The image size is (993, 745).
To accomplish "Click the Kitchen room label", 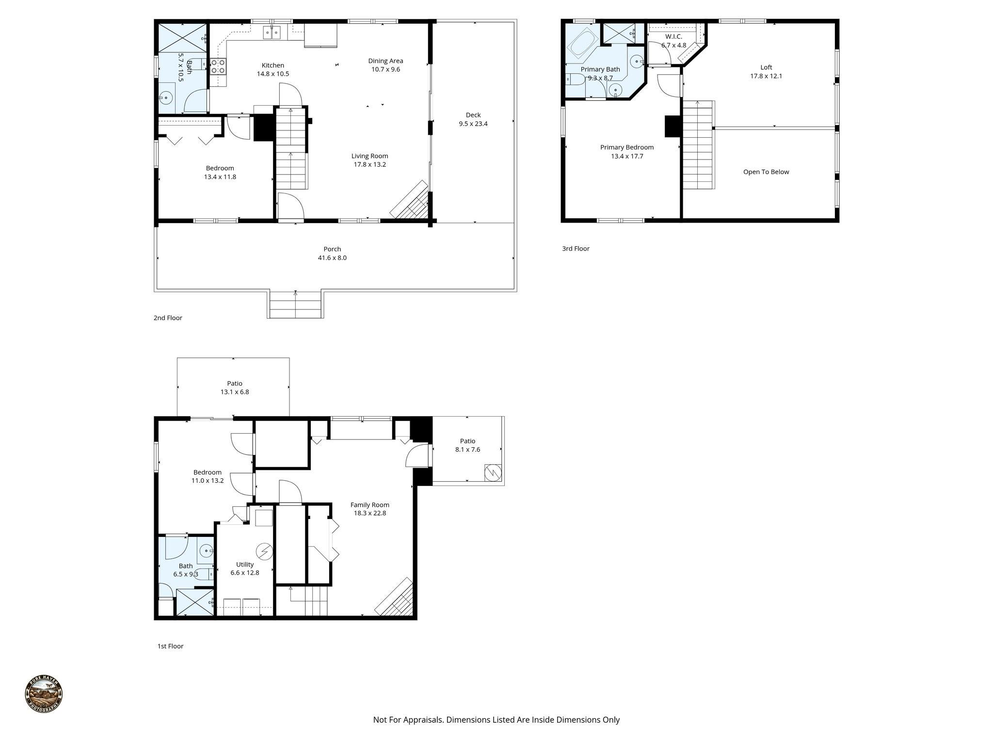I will tap(272, 65).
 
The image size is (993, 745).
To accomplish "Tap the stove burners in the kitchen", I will tap(218, 66).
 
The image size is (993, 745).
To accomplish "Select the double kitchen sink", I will tap(272, 32).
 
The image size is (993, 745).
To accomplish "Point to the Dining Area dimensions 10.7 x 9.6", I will tap(385, 69).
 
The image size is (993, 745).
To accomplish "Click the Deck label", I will tap(473, 115).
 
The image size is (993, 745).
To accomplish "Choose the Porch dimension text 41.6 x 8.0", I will tap(332, 258).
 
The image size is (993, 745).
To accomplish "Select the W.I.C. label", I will tap(673, 37).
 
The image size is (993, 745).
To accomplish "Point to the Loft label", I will tap(766, 67).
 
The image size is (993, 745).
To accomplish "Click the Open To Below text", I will tap(766, 172).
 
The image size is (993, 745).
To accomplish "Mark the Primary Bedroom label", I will tap(626, 147).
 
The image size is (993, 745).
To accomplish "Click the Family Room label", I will tap(369, 505).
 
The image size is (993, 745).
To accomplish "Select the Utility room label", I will tap(245, 565).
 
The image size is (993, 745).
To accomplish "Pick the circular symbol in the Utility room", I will tap(265, 551).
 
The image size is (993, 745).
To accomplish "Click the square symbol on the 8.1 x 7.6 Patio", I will tap(493, 473).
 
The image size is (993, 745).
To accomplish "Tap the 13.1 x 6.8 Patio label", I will tap(235, 384).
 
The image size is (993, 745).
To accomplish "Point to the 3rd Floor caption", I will tap(576, 249).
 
